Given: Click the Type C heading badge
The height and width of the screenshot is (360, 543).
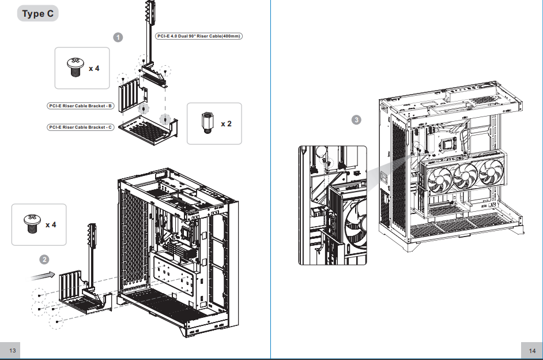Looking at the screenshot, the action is coord(37,13).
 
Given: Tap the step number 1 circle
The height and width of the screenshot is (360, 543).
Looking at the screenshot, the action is coord(118,37).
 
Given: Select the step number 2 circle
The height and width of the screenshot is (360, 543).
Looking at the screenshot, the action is coord(44,260).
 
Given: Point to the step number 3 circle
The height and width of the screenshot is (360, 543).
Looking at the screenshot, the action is coord(356,120).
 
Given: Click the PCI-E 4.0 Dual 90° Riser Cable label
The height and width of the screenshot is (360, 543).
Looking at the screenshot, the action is coord(199,36).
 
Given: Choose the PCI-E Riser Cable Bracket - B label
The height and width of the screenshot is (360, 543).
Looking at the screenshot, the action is coord(80,106).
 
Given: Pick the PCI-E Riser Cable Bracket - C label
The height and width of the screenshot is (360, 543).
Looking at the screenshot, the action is coord(80,127).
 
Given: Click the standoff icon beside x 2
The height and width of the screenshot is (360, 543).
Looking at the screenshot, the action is coord(207,123).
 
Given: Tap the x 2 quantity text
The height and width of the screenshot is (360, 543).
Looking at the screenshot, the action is coord(226,123).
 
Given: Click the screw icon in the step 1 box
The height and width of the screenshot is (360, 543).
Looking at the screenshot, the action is coord(75,67).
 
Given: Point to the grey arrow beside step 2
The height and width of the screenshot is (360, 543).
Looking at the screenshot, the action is coord(43,276).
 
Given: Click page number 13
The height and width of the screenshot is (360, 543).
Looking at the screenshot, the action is coord(13,351).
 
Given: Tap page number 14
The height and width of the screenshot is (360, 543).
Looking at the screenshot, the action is coord(532,351).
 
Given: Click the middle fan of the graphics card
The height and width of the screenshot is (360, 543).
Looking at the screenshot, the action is coord(466,175).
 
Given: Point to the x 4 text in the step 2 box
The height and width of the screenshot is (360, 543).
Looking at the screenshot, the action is coord(51,225).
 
